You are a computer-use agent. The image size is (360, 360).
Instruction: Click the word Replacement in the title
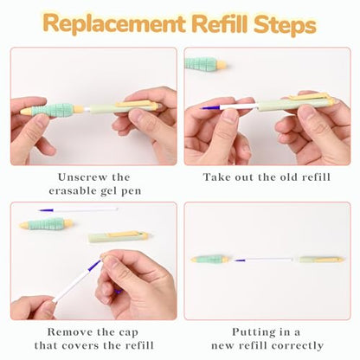point(114,23)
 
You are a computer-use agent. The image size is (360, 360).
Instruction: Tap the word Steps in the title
point(285,24)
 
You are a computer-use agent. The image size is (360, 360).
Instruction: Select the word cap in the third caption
point(128,333)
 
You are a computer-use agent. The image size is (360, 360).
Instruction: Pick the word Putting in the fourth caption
point(251,332)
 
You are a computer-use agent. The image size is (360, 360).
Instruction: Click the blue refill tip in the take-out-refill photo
point(211,108)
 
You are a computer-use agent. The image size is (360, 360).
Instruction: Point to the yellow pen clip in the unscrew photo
point(137,105)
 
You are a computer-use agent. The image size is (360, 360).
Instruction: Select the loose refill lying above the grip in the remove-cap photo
point(79,209)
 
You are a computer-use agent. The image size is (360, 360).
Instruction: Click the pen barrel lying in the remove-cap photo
point(119,236)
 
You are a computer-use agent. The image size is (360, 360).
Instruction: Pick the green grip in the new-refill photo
point(210,259)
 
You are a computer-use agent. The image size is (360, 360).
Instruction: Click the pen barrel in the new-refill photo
point(322,260)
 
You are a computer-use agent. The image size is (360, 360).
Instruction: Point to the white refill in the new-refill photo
point(265,260)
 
